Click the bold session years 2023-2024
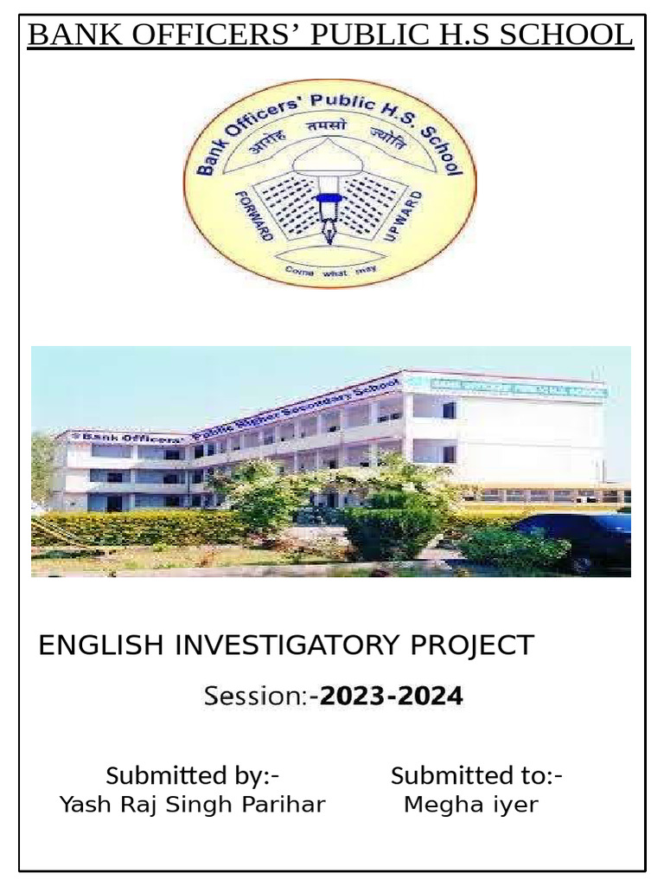pyautogui.click(x=391, y=696)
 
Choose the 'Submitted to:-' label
pyautogui.click(x=476, y=775)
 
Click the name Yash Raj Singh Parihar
pyautogui.click(x=192, y=805)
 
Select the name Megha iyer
pyautogui.click(x=471, y=805)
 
